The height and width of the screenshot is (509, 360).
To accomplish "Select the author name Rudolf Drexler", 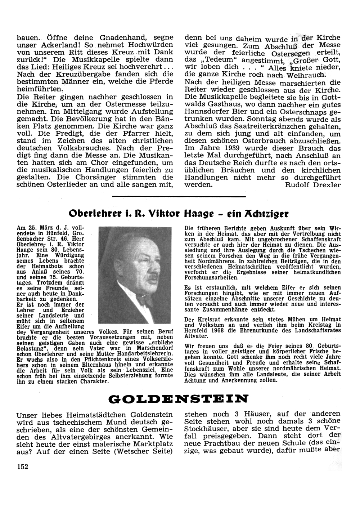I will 312,185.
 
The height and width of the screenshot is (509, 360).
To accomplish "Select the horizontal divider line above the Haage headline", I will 179,196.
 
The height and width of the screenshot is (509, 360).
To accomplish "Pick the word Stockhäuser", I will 207,429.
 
